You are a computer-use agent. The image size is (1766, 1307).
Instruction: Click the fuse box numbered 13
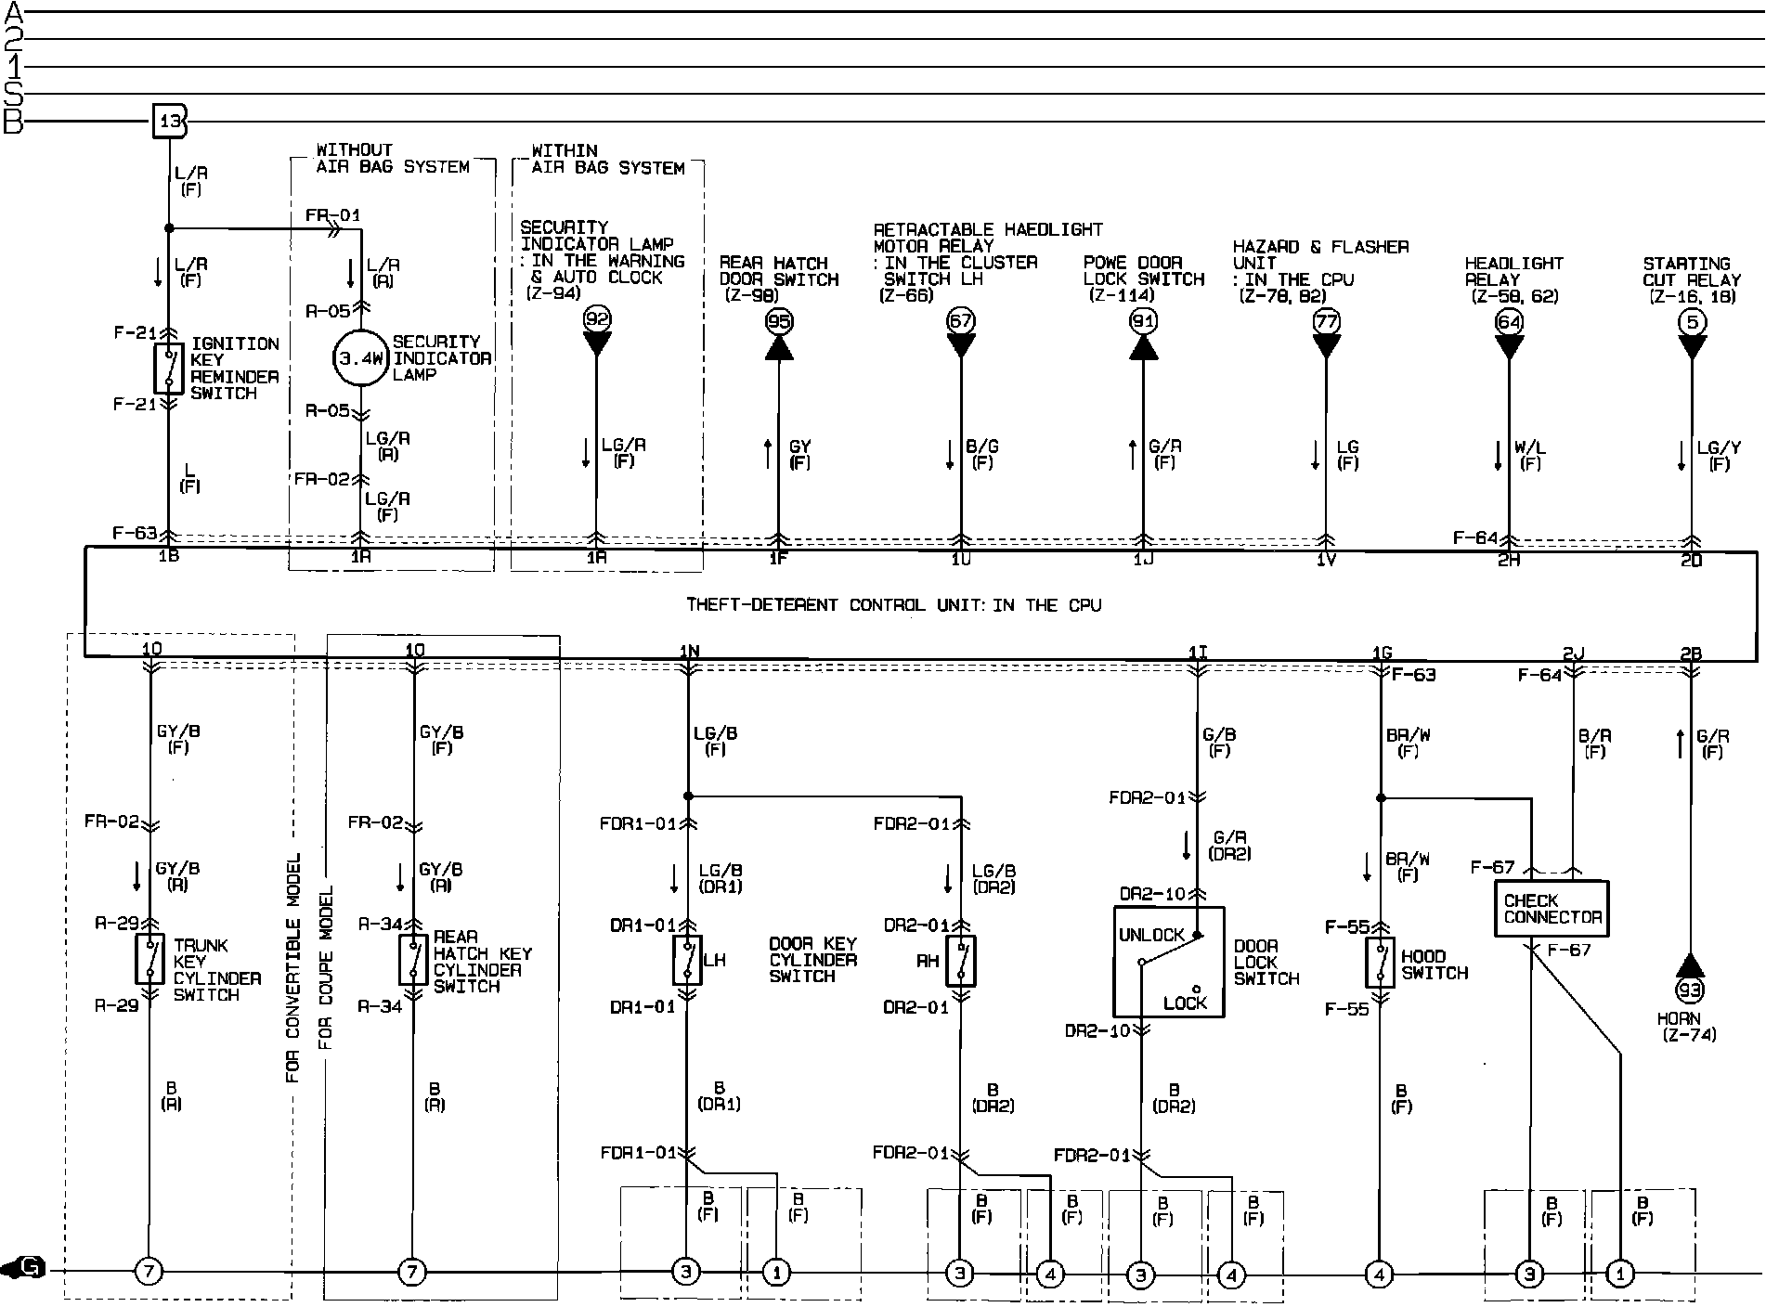pyautogui.click(x=170, y=122)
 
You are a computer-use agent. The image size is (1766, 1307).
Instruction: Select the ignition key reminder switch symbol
pyautogui.click(x=168, y=369)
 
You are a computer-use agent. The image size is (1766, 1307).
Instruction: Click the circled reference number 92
pyautogui.click(x=596, y=320)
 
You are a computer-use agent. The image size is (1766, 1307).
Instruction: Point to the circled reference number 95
pyautogui.click(x=778, y=321)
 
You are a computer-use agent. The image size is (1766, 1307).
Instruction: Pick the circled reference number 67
pyautogui.click(x=960, y=321)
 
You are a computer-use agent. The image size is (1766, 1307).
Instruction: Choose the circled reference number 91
pyautogui.click(x=1143, y=321)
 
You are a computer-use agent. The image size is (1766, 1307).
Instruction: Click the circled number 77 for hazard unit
pyautogui.click(x=1326, y=321)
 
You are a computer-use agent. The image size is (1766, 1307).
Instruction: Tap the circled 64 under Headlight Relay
pyautogui.click(x=1509, y=322)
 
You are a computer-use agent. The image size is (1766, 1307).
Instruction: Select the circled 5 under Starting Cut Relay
pyautogui.click(x=1692, y=322)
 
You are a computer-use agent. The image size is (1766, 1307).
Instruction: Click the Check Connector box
pyautogui.click(x=1551, y=909)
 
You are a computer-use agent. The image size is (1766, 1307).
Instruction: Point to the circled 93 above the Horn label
pyautogui.click(x=1690, y=990)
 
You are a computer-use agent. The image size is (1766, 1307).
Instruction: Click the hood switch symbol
pyautogui.click(x=1380, y=963)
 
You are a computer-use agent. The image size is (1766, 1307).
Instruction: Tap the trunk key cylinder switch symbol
pyautogui.click(x=150, y=959)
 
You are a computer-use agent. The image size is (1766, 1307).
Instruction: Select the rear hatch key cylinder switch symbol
pyautogui.click(x=414, y=960)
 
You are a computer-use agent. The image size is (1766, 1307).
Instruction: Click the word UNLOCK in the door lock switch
pyautogui.click(x=1151, y=935)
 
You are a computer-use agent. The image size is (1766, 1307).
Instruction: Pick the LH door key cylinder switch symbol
pyautogui.click(x=687, y=961)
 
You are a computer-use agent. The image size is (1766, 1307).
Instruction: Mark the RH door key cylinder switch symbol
pyautogui.click(x=960, y=961)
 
